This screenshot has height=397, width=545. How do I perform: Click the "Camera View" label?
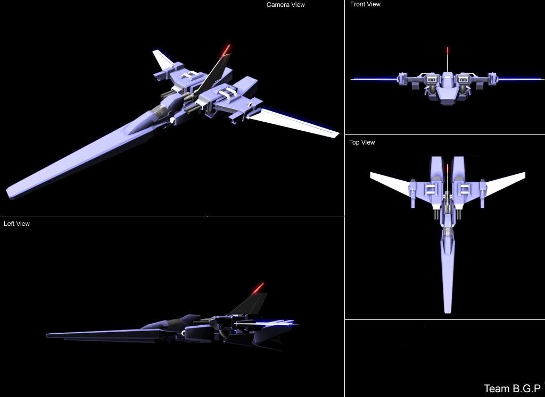pos(286,5)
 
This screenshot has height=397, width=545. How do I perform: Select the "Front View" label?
pos(365,4)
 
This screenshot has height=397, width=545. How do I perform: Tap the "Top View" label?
pos(362,142)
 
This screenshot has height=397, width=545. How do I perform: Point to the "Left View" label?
pos(16,224)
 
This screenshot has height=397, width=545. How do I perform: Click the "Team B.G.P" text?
pos(512,388)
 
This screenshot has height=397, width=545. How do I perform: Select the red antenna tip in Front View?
pos(447,50)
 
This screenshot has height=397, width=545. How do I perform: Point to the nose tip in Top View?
pos(448,312)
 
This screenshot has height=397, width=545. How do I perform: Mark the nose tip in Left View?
pos(47,335)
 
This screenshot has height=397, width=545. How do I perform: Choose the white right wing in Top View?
pos(504,182)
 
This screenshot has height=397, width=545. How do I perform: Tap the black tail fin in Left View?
pos(250,303)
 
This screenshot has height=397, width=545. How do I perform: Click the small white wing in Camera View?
pos(162,60)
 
